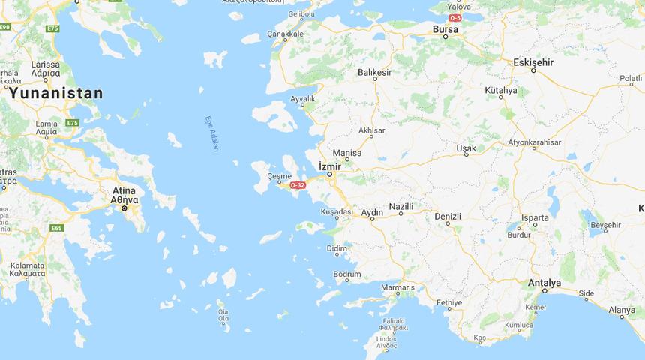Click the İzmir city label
(330, 166)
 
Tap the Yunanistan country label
(56, 93)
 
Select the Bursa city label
(445, 29)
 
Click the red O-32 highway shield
(298, 184)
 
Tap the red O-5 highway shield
(455, 17)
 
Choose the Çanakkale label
(286, 34)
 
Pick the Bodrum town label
(347, 274)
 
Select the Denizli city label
(448, 217)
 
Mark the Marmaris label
(397, 287)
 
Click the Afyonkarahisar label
(535, 142)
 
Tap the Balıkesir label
(375, 73)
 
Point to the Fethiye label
(449, 302)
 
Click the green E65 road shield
(57, 228)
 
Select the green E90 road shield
(5, 27)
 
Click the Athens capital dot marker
(124, 208)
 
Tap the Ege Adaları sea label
(212, 134)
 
